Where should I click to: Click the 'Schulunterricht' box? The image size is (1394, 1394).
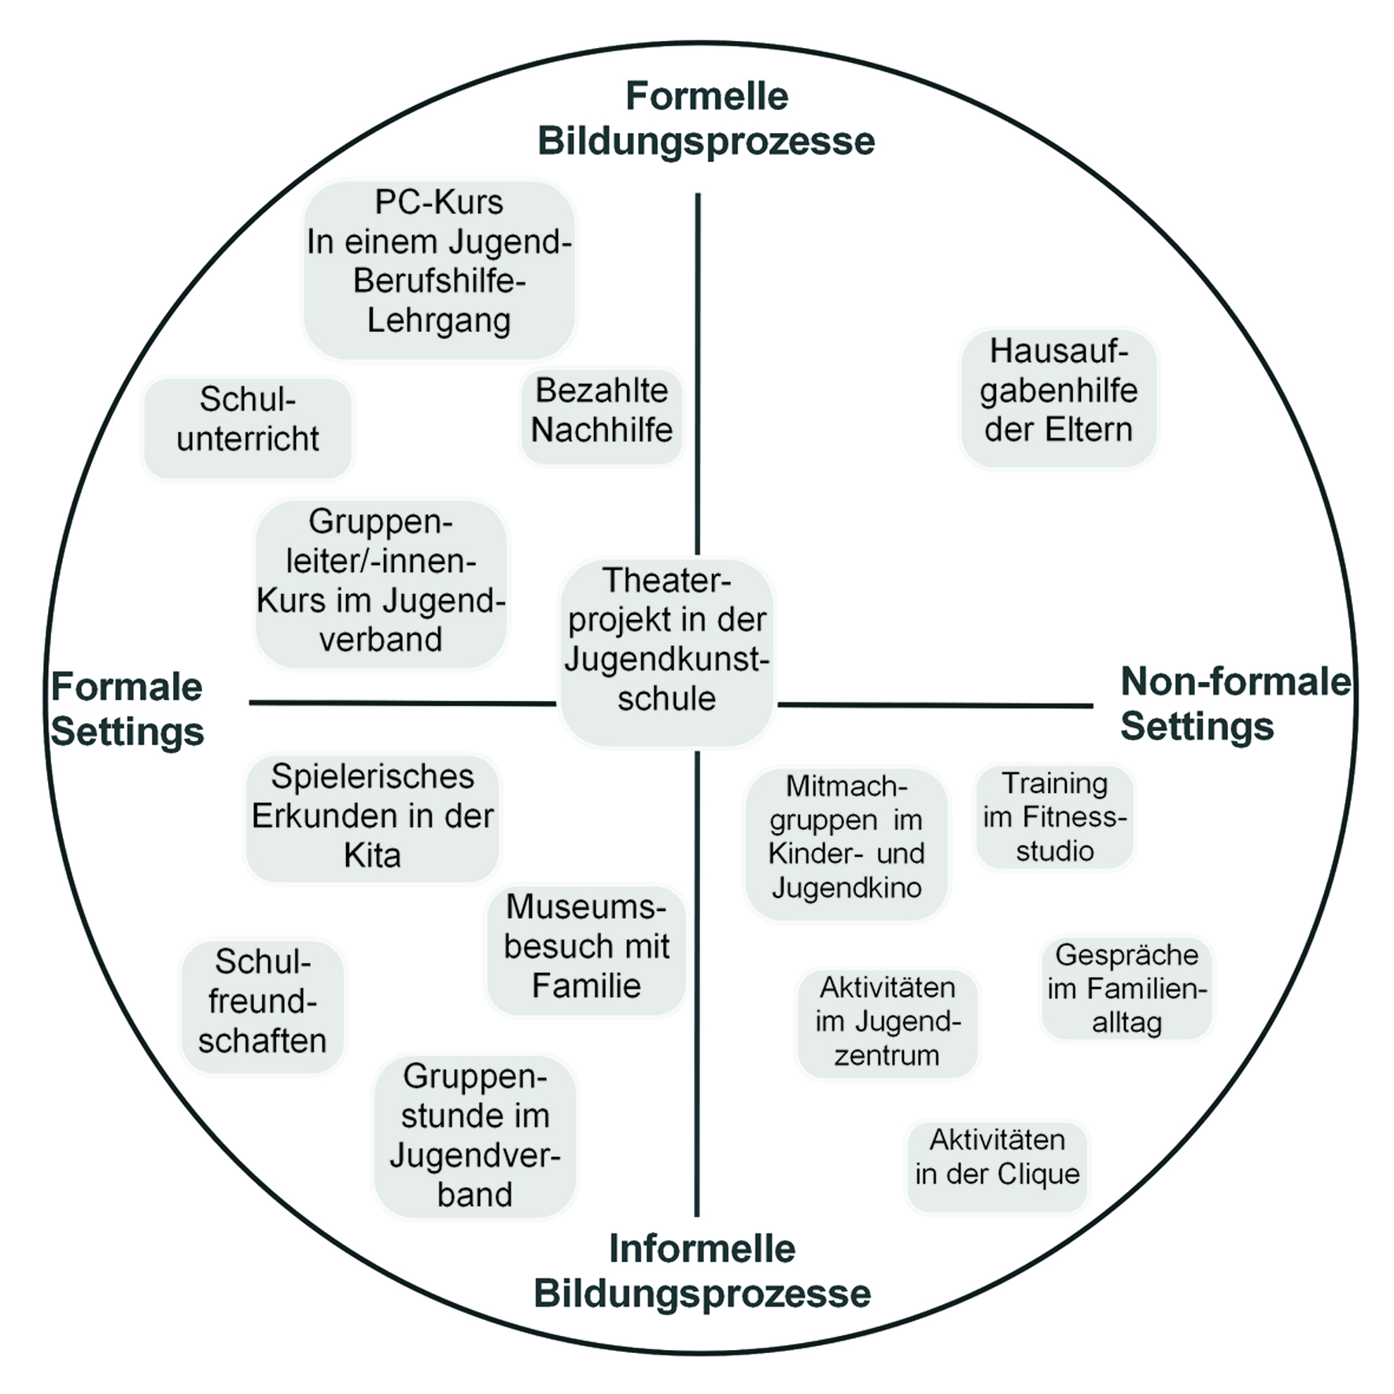point(248,428)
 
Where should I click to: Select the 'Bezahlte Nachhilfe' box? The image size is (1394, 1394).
point(602,416)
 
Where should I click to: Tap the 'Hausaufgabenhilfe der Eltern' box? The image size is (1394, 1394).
point(1059,397)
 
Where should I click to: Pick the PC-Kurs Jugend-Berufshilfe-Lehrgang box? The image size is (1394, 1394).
point(440,270)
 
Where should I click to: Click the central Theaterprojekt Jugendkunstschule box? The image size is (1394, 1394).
point(666,651)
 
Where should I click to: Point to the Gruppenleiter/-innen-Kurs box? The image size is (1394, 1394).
point(381,583)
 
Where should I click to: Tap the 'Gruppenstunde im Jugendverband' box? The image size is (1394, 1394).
point(475,1136)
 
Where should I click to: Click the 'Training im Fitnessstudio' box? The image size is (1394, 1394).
point(1055,817)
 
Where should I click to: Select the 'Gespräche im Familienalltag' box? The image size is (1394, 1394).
point(1127,989)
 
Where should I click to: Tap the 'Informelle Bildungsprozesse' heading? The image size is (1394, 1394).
point(702,1270)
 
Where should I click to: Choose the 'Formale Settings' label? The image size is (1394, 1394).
point(127,710)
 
